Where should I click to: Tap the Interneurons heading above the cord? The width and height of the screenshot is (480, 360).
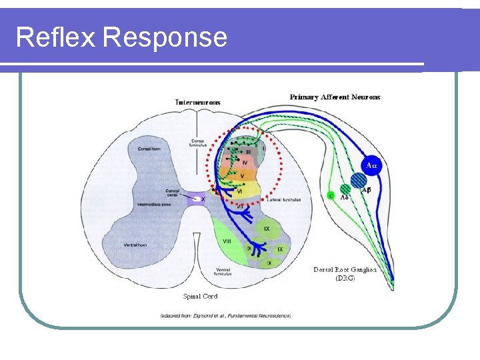[x=198, y=102]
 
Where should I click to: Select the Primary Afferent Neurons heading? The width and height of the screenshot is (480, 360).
[x=335, y=97]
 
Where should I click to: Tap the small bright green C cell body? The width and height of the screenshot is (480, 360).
[x=331, y=195]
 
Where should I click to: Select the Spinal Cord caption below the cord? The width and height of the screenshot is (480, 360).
[x=200, y=296]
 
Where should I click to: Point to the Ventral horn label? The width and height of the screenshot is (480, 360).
[x=135, y=245]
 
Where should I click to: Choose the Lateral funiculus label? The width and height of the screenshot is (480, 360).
[x=285, y=199]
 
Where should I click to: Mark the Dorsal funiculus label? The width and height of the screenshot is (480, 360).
[x=198, y=143]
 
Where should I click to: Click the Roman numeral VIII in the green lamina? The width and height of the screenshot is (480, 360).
[x=226, y=241]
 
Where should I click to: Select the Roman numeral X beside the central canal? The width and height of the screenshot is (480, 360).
[x=203, y=199]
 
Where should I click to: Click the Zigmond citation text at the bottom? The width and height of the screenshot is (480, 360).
[x=225, y=315]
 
